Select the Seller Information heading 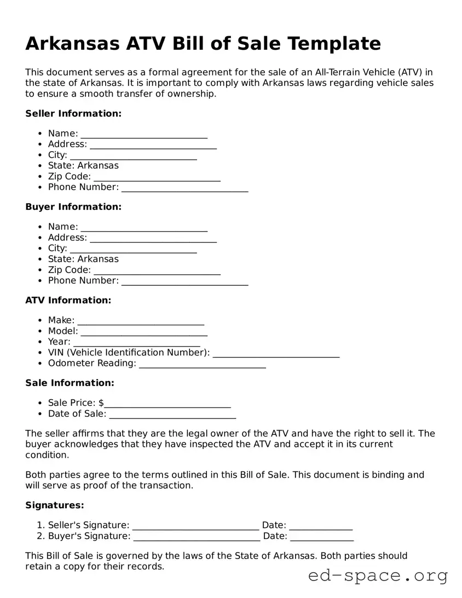tap(73, 113)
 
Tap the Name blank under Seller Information tap(144, 134)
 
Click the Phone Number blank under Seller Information tap(185, 188)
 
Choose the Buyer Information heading tap(73, 206)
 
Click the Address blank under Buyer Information tap(153, 238)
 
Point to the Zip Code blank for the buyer tap(157, 271)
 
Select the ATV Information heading tap(68, 300)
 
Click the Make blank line tap(141, 321)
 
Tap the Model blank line tap(144, 332)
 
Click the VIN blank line tap(276, 353)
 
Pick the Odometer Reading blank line tap(203, 364)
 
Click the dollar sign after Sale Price tap(101, 403)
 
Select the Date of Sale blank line tap(173, 415)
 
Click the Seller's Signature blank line tap(196, 526)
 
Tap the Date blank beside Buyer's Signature tap(322, 537)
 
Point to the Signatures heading tap(55, 505)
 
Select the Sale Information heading tap(70, 383)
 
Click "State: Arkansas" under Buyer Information tap(83, 259)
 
